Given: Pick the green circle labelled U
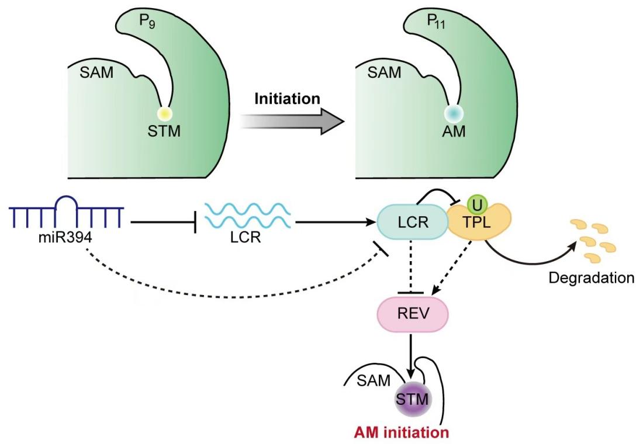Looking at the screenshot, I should point(475,204).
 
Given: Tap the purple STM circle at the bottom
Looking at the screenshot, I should point(412,400).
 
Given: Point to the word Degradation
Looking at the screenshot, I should point(590,277).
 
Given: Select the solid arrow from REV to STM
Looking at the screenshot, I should point(412,357).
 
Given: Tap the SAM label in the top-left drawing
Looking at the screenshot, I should point(100,72).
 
